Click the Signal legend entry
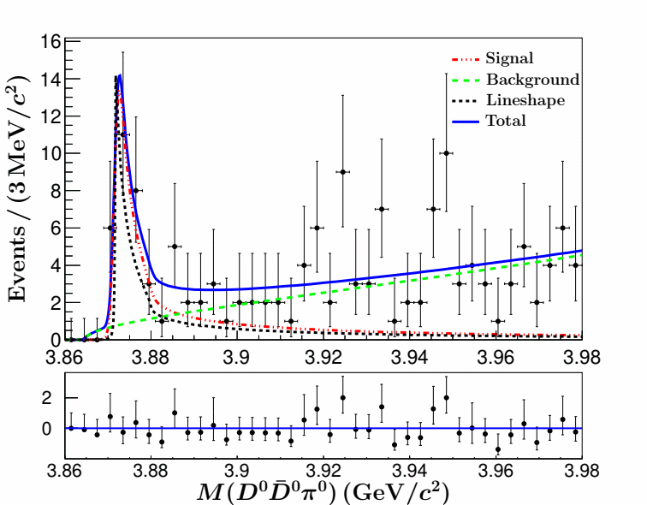pyautogui.click(x=509, y=59)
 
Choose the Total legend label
pyautogui.click(x=505, y=121)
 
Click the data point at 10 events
pyautogui.click(x=446, y=153)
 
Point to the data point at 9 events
pyautogui.click(x=342, y=171)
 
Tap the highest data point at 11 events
pyautogui.click(x=122, y=134)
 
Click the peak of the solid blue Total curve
pyautogui.click(x=119, y=75)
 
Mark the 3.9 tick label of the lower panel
pyautogui.click(x=238, y=470)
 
